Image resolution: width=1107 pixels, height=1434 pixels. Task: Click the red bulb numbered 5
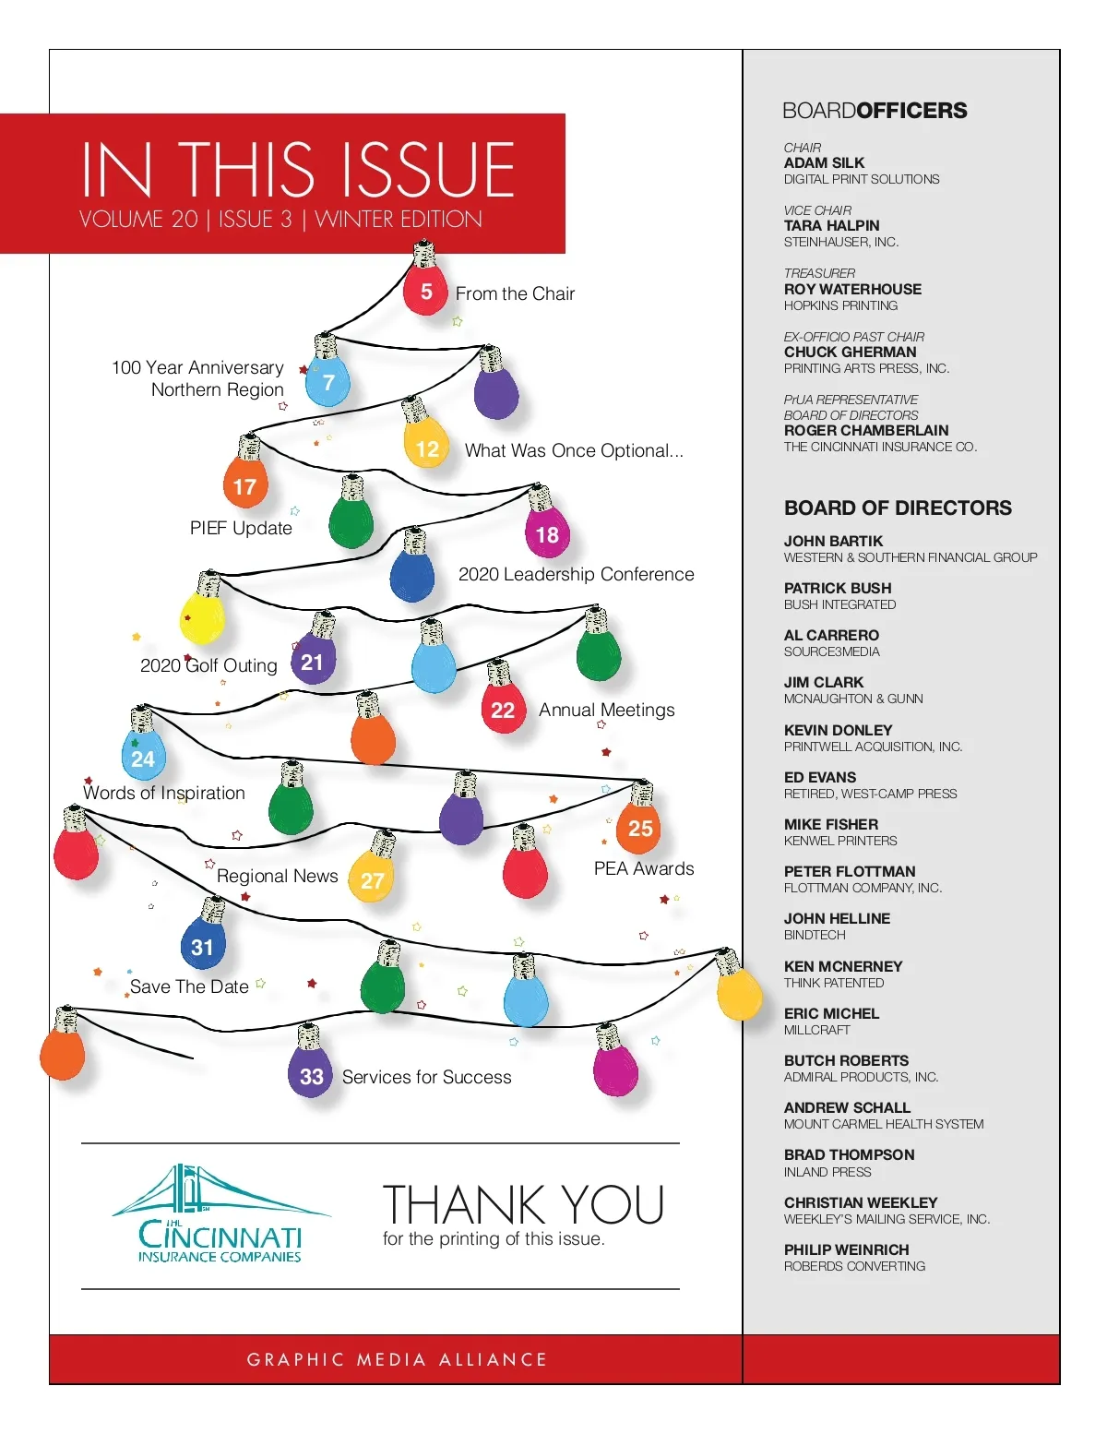click(425, 291)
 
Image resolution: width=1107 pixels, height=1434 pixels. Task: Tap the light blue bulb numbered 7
click(327, 382)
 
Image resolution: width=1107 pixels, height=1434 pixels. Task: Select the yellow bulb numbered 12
click(426, 447)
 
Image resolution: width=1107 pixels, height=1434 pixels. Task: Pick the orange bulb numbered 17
click(244, 484)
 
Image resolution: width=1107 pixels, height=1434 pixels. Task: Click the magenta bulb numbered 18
click(547, 533)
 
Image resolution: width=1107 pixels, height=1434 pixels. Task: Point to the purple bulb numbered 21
click(313, 661)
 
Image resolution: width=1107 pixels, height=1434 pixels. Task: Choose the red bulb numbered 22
click(503, 709)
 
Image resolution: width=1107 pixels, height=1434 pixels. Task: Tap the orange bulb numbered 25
click(639, 827)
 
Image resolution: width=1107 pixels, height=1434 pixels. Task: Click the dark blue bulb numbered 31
click(203, 945)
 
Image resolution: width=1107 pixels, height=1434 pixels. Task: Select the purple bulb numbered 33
click(311, 1075)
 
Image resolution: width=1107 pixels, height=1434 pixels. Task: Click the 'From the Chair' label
click(515, 293)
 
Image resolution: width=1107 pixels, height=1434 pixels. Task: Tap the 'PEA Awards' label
click(644, 868)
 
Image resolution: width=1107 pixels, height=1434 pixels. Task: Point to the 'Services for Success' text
click(426, 1077)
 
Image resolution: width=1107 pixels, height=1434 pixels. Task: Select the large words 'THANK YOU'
click(523, 1204)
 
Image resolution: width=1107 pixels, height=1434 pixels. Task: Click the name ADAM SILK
click(824, 163)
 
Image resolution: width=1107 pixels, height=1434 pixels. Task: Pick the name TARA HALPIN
click(831, 226)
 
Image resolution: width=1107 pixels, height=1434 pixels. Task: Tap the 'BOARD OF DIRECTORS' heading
click(898, 508)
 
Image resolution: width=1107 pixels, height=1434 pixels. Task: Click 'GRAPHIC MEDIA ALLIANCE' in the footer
click(397, 1359)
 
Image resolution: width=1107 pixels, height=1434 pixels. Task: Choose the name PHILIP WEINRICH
click(846, 1250)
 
